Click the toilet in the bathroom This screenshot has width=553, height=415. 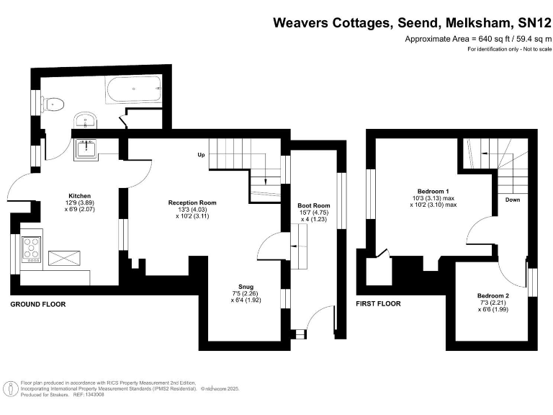(52, 104)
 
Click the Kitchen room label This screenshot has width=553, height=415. (79, 196)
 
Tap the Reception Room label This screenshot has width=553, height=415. (192, 202)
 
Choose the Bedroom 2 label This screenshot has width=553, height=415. (493, 296)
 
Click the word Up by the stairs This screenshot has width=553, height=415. (202, 155)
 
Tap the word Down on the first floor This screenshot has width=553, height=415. (513, 200)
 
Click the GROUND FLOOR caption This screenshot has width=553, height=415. (37, 305)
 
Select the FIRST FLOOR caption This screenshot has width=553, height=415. (378, 305)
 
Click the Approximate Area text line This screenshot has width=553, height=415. (477, 38)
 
